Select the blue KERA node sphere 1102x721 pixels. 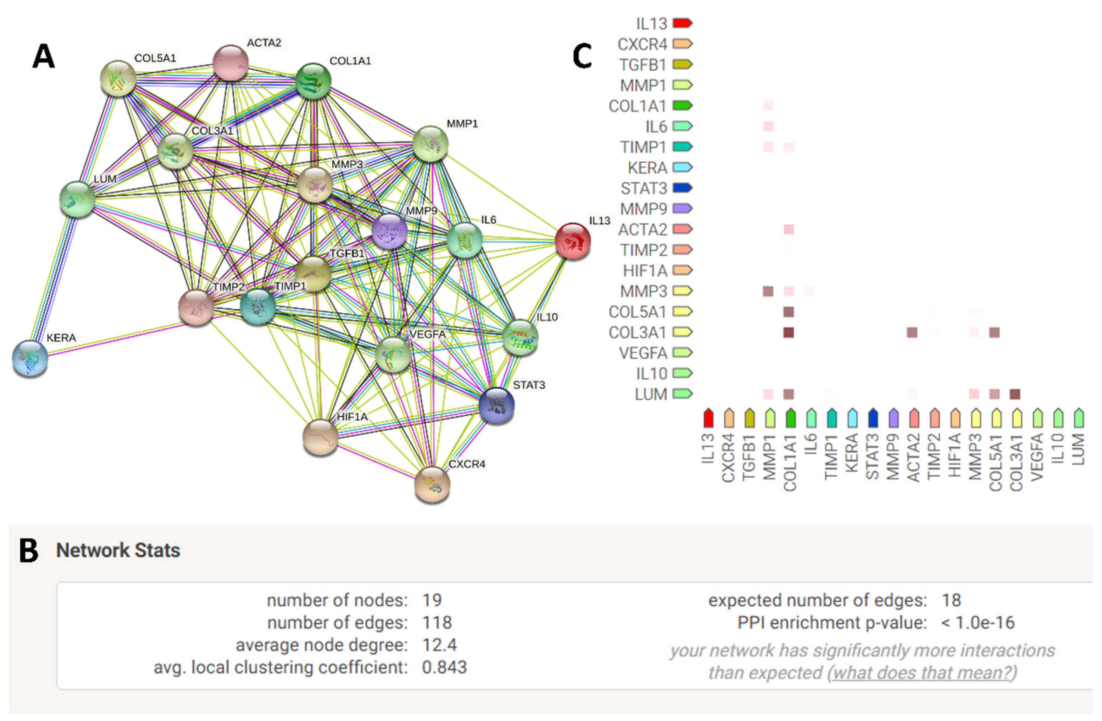pos(30,358)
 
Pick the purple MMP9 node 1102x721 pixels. pos(389,231)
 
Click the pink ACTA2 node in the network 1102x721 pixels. pos(230,62)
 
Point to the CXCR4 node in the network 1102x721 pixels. pos(432,484)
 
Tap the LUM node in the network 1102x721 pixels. pos(77,199)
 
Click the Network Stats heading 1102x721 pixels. pos(118,551)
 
